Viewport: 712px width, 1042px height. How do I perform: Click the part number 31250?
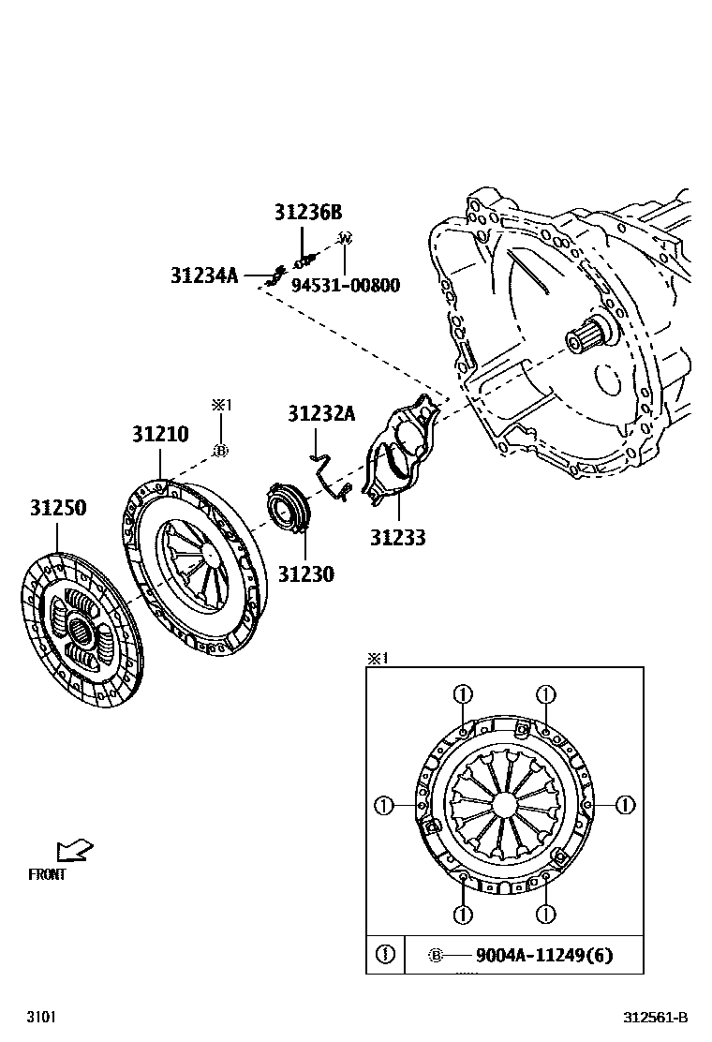[58, 509]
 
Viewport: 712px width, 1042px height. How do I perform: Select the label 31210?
[160, 435]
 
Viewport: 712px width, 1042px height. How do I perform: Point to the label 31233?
[397, 538]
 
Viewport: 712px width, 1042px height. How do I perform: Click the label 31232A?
[321, 413]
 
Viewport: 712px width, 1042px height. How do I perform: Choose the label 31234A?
[204, 275]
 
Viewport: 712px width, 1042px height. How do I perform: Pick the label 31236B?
[308, 213]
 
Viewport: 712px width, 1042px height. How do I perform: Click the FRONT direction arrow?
[75, 850]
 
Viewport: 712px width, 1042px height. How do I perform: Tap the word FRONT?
[47, 875]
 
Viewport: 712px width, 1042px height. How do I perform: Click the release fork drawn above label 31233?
[403, 450]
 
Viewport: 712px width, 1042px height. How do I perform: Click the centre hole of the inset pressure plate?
[504, 804]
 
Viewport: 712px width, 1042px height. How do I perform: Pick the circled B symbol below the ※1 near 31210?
[221, 451]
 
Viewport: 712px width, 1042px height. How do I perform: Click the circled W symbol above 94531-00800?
[344, 239]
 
